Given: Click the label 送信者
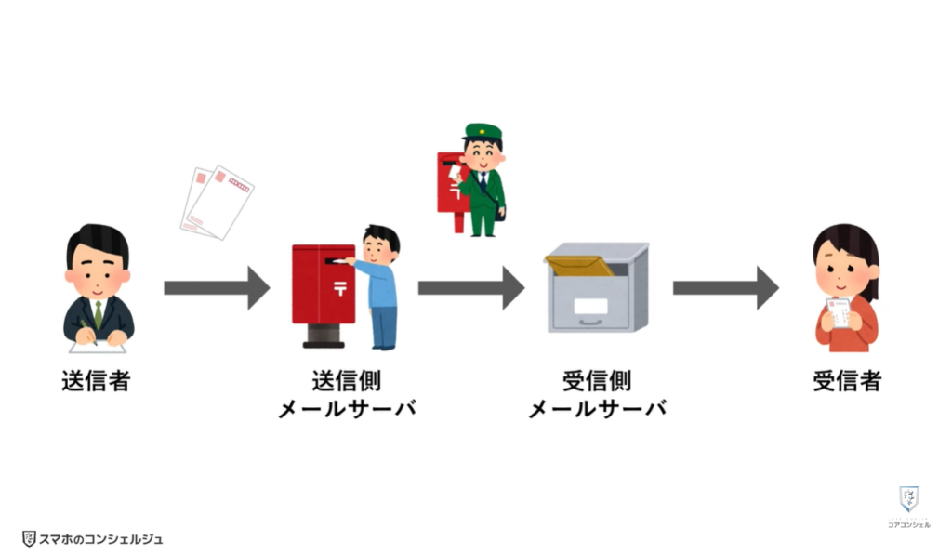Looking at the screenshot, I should point(96,381).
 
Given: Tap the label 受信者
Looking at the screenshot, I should point(846,381).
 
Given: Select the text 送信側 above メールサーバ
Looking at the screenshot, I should point(346,381).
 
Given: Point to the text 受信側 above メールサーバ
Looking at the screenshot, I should point(597,381).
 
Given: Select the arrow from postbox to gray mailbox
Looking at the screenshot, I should point(470,287).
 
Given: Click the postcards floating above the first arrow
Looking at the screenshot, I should point(218,202).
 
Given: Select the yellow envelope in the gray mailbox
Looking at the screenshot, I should point(578,265).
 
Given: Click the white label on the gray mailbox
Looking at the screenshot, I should point(590,307).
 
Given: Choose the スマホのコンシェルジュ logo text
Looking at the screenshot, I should point(99,538).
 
